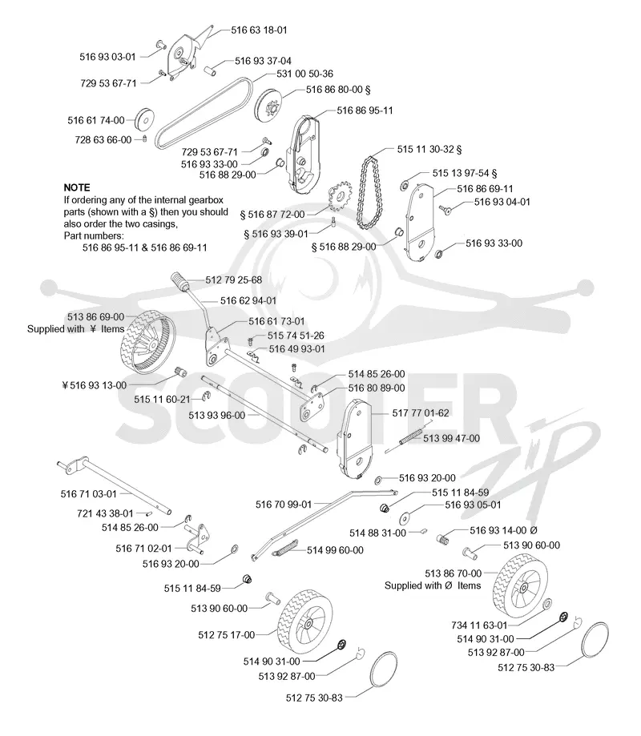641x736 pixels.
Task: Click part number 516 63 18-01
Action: (259, 30)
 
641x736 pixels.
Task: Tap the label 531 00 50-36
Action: (304, 74)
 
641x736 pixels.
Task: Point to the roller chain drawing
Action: (368, 192)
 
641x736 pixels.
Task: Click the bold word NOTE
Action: (77, 187)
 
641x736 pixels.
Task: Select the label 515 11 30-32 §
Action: (429, 149)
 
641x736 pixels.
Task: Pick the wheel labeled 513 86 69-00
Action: (146, 344)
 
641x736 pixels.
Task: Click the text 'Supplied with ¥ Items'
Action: (75, 329)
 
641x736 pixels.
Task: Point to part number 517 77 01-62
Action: (421, 413)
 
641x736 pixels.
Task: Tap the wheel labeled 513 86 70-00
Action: (519, 585)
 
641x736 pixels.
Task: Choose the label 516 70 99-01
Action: (284, 505)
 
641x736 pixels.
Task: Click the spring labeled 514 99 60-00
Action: (284, 549)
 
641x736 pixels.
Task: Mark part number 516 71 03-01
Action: (88, 494)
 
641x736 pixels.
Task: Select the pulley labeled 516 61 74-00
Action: (145, 121)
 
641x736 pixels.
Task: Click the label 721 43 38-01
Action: (105, 513)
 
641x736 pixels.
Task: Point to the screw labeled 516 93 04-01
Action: (445, 209)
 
